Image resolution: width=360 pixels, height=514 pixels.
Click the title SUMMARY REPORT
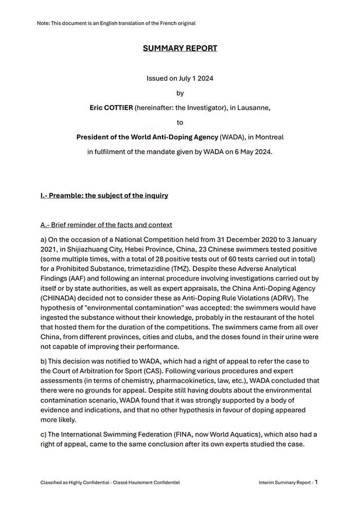180,48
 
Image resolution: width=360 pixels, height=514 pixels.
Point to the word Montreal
267,137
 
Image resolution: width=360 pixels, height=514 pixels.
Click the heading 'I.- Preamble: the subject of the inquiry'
104,196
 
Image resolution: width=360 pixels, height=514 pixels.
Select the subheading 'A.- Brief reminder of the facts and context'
106,225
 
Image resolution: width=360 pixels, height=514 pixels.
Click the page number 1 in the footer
316,482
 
